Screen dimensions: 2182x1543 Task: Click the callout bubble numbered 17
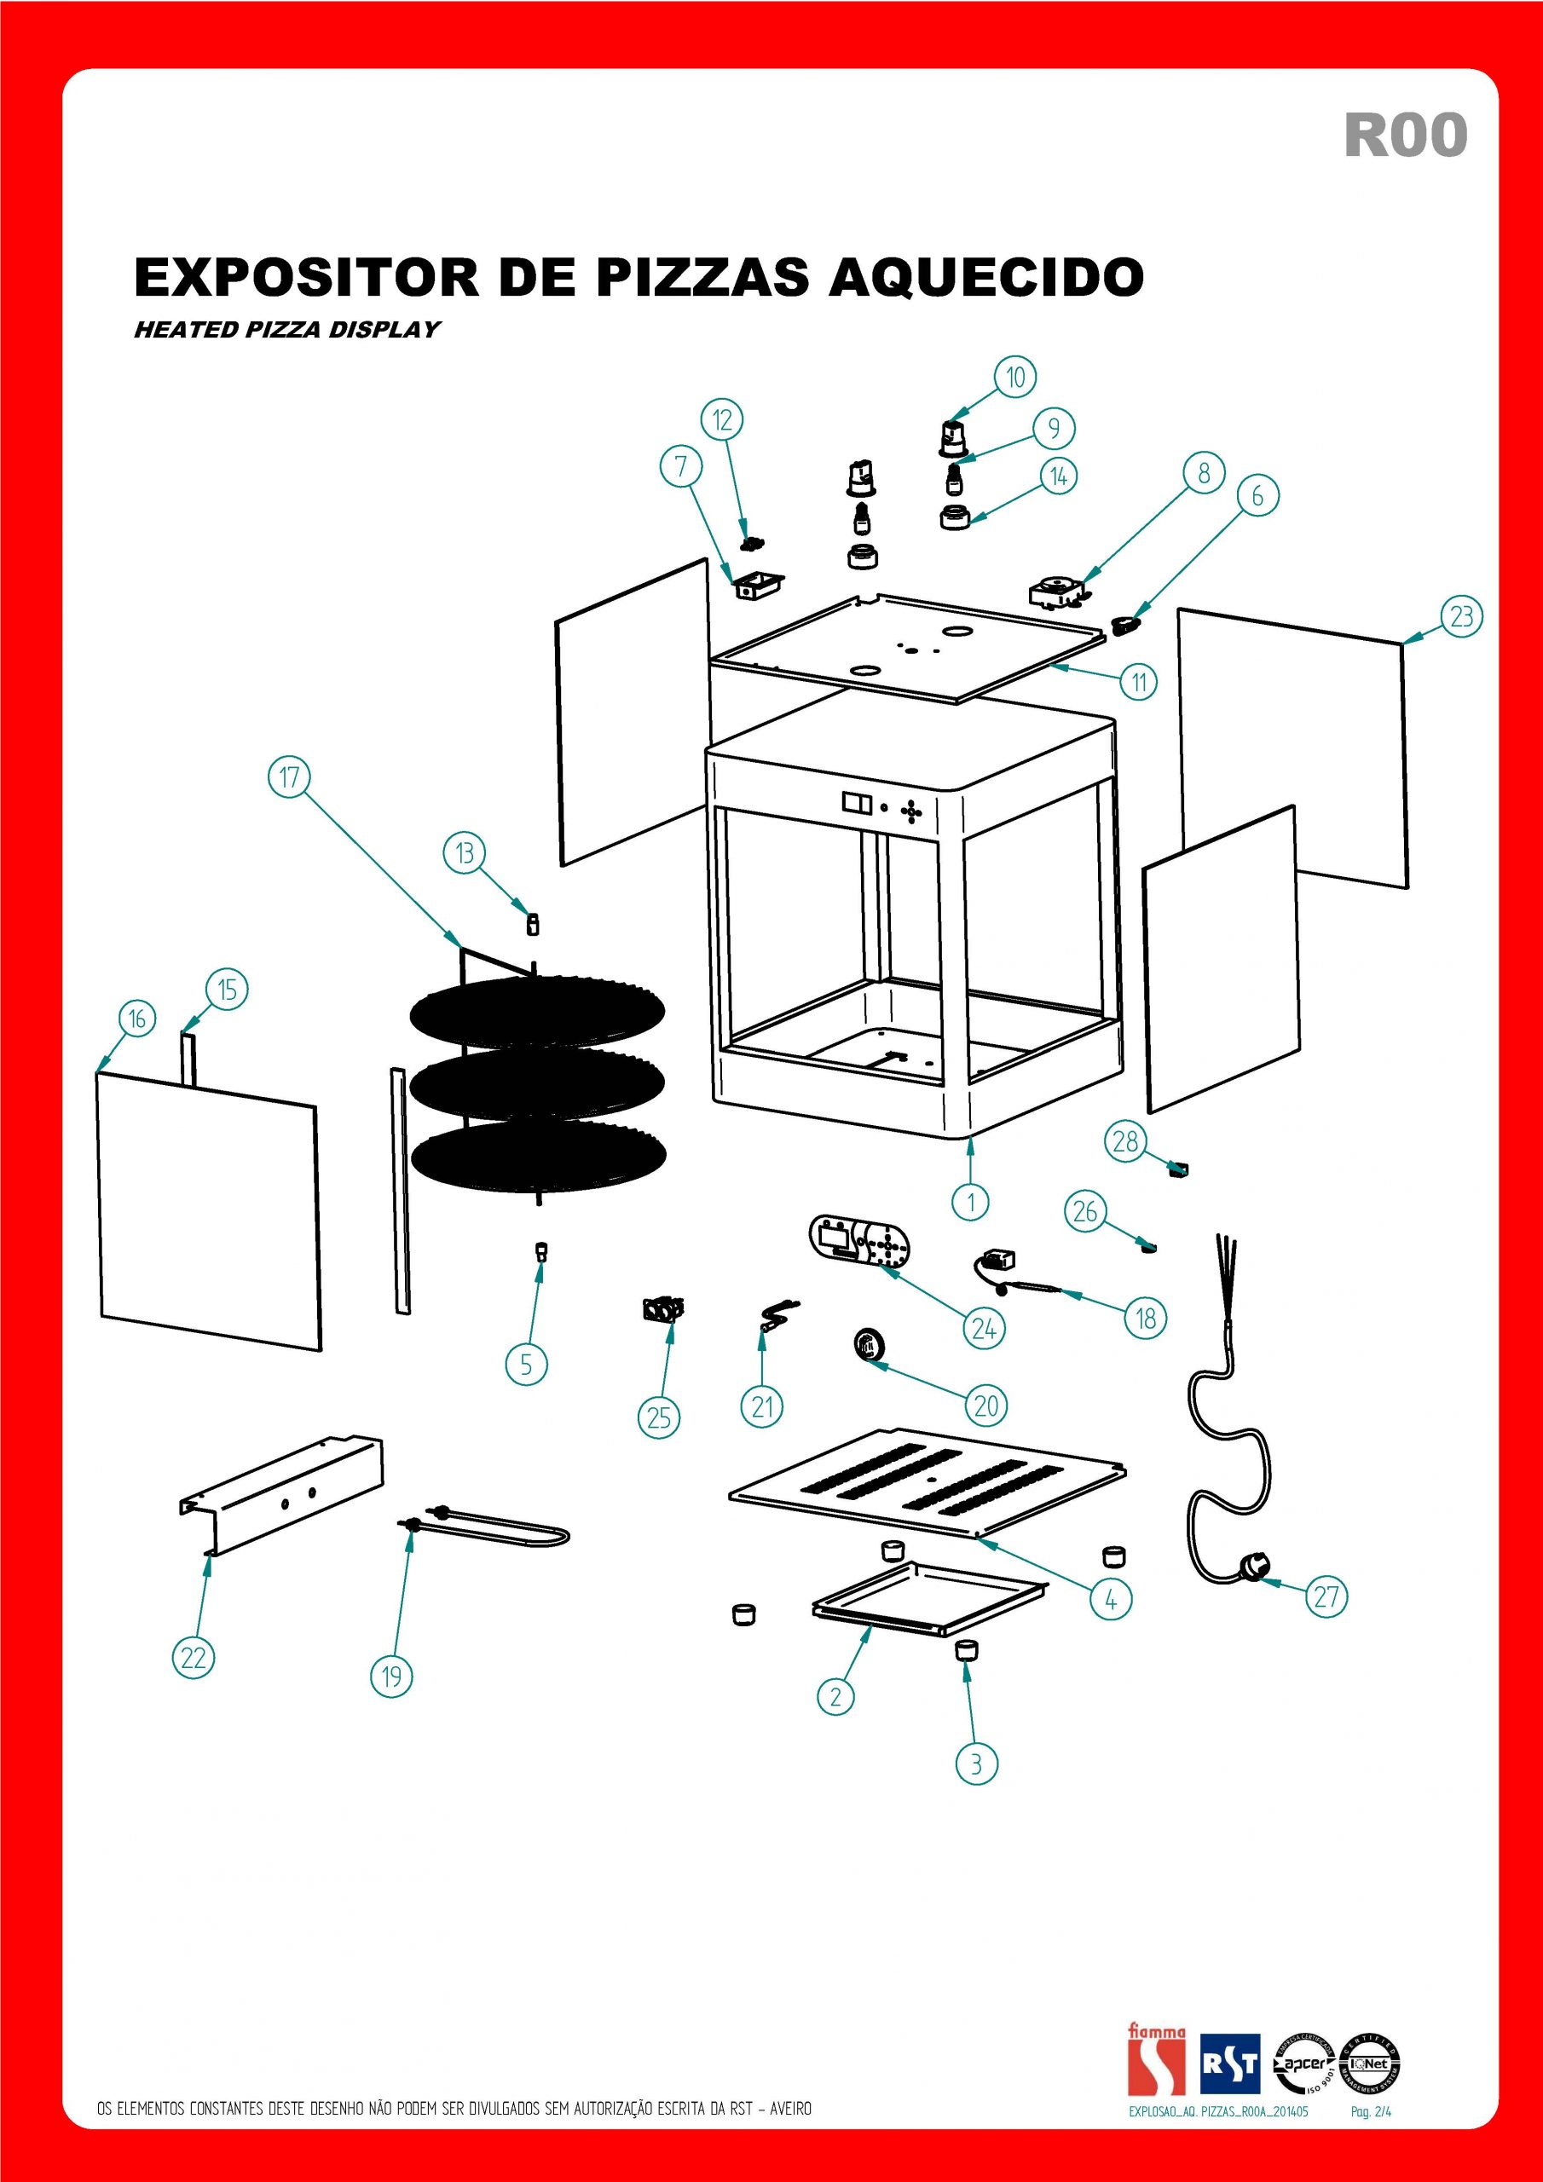click(289, 777)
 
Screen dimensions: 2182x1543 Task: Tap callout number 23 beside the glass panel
click(1461, 617)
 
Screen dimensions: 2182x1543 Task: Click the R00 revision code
click(1405, 135)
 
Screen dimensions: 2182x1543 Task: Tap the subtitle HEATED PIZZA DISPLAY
click(287, 329)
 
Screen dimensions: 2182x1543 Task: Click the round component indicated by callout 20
click(866, 1347)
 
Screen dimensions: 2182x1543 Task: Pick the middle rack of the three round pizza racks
click(537, 1083)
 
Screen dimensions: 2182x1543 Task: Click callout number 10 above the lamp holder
click(1015, 378)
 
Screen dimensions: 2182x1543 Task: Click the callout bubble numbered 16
click(137, 1019)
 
